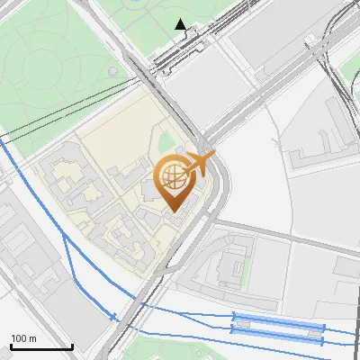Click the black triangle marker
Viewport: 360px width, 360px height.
click(x=181, y=23)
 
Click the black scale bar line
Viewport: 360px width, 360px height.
click(x=41, y=346)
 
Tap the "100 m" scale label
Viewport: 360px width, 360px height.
click(x=23, y=338)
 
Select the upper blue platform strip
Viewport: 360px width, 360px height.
click(x=277, y=320)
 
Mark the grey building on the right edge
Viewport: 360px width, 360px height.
click(x=347, y=266)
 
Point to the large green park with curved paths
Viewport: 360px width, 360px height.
click(x=54, y=63)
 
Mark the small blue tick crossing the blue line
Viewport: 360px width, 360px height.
click(x=114, y=317)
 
